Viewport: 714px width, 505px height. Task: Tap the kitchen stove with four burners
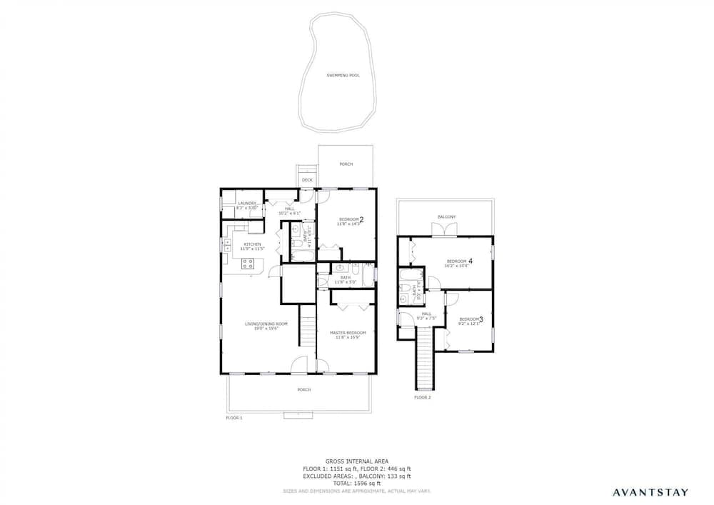click(x=248, y=265)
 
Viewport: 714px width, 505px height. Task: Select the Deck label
click(x=307, y=180)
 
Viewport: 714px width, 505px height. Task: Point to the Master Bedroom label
click(x=348, y=333)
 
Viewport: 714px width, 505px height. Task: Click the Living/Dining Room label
click(x=266, y=325)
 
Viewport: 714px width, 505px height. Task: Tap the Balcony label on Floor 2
click(x=446, y=216)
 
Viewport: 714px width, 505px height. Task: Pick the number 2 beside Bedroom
click(x=361, y=219)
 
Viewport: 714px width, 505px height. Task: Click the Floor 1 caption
click(x=234, y=417)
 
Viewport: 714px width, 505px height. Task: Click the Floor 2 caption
click(x=423, y=397)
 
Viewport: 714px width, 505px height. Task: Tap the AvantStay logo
click(x=650, y=491)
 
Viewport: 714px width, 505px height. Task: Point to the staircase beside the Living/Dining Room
click(x=307, y=333)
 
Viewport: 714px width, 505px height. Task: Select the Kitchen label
click(x=252, y=244)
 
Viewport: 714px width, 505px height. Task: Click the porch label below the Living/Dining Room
click(x=304, y=389)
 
